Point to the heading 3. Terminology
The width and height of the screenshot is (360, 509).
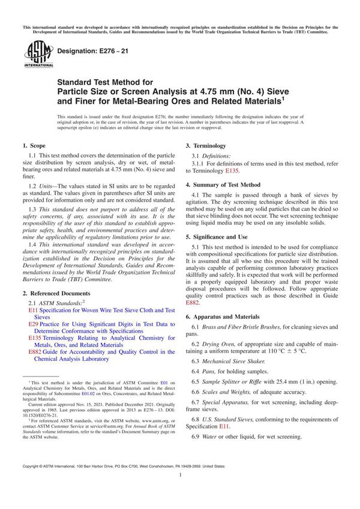[206, 146]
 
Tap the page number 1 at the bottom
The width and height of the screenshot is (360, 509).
[180, 491]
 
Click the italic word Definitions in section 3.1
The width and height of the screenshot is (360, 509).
[217, 155]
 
